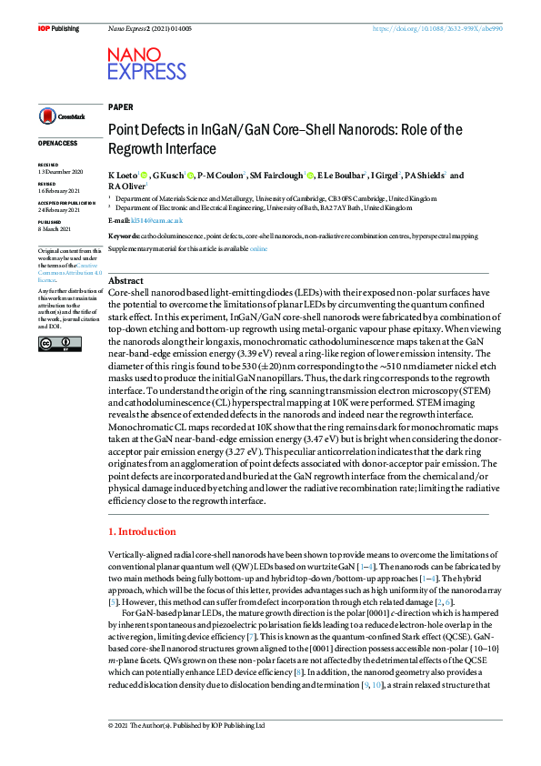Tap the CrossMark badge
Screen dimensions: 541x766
60,116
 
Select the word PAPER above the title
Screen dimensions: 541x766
120,106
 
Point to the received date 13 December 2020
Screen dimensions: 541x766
59,172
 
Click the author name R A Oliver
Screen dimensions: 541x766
126,186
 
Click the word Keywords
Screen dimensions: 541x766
125,235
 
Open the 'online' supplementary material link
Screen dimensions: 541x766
258,247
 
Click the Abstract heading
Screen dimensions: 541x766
125,281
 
